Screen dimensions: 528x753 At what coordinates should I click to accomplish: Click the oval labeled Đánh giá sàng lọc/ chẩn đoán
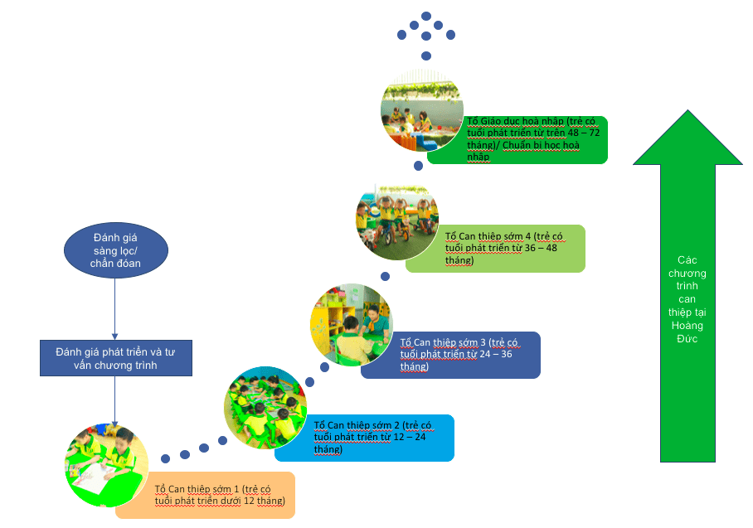[x=115, y=252]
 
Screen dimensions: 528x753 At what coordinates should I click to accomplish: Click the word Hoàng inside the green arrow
[x=687, y=326]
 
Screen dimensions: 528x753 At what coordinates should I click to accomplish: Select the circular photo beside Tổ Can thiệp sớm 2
[x=265, y=406]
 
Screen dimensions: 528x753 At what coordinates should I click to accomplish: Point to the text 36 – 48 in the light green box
[x=547, y=248]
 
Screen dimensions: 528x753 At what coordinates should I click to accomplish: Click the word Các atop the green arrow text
[x=687, y=259]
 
